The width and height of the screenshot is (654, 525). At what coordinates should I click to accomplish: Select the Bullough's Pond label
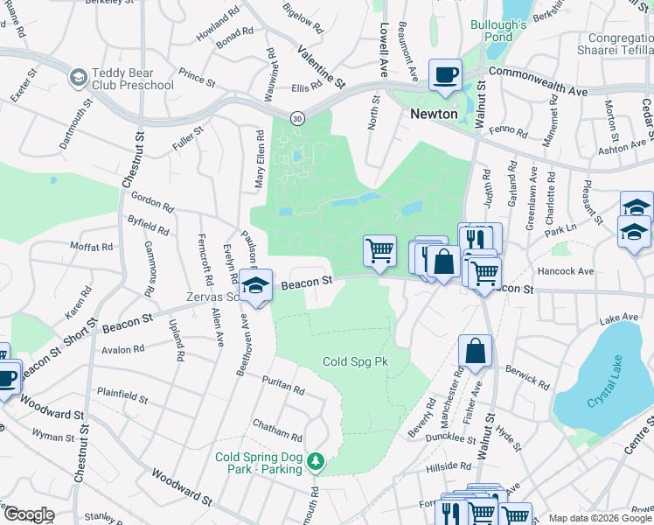click(x=498, y=31)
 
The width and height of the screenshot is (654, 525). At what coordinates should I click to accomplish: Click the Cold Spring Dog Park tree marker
click(x=319, y=461)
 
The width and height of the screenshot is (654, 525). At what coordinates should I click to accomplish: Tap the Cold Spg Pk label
click(x=354, y=361)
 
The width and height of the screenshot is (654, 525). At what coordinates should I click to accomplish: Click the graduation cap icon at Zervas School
click(x=256, y=286)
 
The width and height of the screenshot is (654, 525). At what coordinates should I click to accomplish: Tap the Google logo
click(x=29, y=514)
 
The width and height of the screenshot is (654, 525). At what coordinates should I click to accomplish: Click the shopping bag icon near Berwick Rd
click(x=475, y=351)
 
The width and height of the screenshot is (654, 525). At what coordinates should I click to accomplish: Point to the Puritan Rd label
click(x=282, y=383)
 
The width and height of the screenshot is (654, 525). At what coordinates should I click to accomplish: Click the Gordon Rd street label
click(x=152, y=203)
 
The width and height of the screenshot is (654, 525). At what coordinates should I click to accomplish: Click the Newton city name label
click(x=435, y=114)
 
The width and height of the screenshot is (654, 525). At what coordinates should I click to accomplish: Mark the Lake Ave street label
click(x=618, y=318)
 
